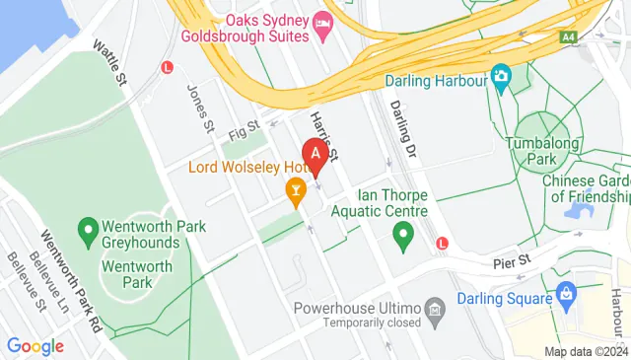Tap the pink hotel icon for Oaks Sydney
(x=322, y=23)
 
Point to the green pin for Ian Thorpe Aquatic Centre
(x=401, y=236)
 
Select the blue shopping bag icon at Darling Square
(x=566, y=293)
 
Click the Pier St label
(x=512, y=262)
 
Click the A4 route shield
(x=569, y=36)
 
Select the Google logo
(x=35, y=346)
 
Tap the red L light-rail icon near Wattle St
(x=167, y=67)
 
